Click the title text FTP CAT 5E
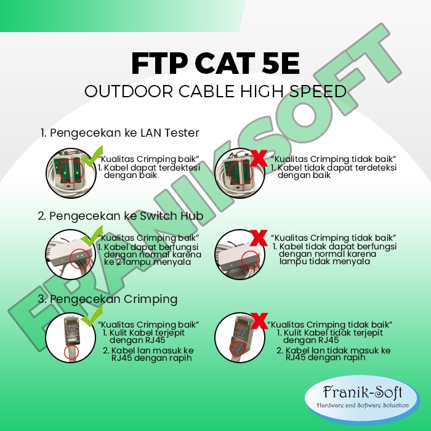(x=216, y=63)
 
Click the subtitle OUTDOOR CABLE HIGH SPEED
(x=216, y=91)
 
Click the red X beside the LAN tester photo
(x=259, y=158)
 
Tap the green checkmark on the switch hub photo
(x=92, y=236)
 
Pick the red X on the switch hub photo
(x=259, y=238)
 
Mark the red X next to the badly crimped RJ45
(x=259, y=321)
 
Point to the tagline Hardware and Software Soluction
(x=362, y=405)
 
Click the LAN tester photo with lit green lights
(x=71, y=173)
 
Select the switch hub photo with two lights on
(x=71, y=254)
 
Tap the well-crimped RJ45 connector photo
(x=71, y=337)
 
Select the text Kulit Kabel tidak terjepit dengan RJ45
(x=330, y=336)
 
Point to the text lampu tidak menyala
(x=324, y=261)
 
